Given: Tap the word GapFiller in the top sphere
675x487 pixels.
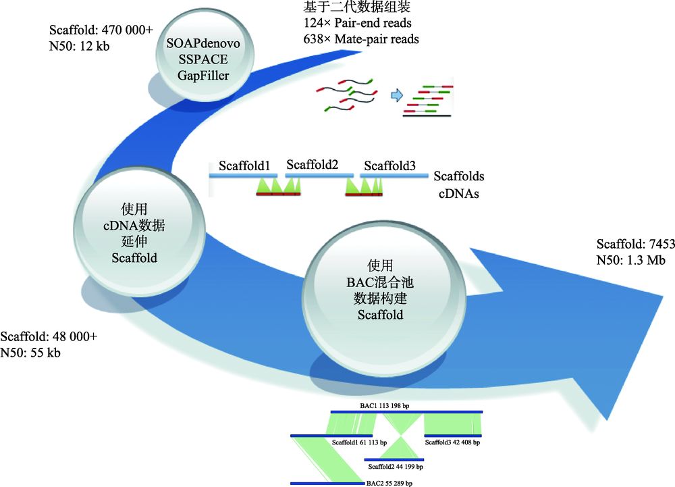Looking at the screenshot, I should pyautogui.click(x=205, y=75).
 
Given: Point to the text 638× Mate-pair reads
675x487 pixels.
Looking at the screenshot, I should pyautogui.click(x=361, y=39).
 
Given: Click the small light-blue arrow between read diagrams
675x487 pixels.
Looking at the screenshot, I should pyautogui.click(x=399, y=95).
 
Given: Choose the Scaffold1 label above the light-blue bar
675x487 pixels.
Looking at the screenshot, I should pyautogui.click(x=244, y=166).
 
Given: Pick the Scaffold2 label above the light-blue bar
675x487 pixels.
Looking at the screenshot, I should pyautogui.click(x=312, y=165).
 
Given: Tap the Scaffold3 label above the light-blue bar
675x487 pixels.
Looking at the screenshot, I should pyautogui.click(x=389, y=166).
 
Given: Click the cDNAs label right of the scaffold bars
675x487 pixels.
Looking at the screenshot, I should pyautogui.click(x=456, y=194).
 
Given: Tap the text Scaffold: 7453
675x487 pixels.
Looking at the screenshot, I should pyautogui.click(x=635, y=245).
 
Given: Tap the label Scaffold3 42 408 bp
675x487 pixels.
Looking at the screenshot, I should pyautogui.click(x=452, y=443).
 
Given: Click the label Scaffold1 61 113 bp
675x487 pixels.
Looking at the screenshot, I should pyautogui.click(x=360, y=443).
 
